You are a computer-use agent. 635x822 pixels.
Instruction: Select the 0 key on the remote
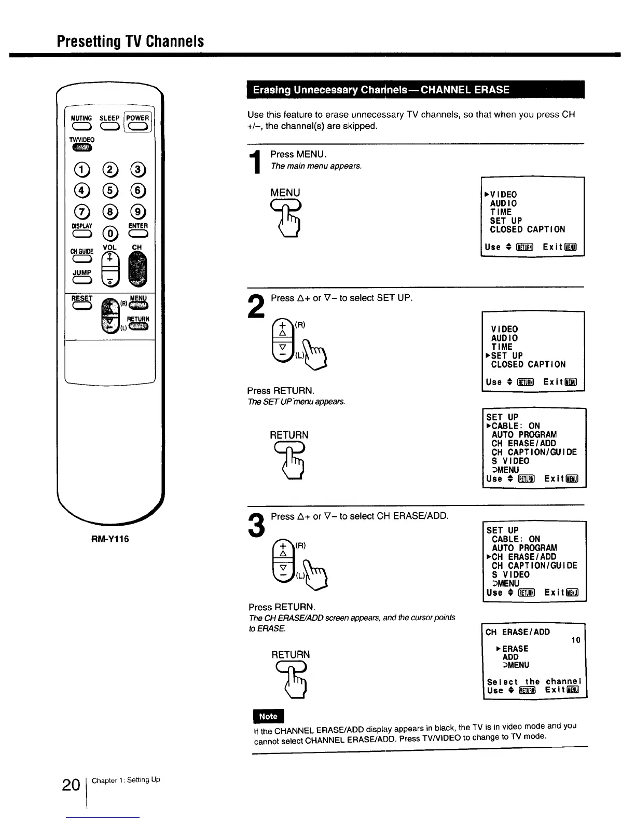109,232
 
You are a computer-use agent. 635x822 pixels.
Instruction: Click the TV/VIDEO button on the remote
82,148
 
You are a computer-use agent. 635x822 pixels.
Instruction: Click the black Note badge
268,716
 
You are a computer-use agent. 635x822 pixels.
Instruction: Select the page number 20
70,785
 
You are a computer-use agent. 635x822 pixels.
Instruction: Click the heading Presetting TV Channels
131,42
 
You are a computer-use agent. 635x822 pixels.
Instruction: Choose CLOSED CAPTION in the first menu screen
528,229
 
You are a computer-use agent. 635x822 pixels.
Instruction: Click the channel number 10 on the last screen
575,640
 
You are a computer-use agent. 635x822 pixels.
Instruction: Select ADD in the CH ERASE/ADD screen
510,657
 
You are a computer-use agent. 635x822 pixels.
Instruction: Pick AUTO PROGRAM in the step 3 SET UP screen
524,548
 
